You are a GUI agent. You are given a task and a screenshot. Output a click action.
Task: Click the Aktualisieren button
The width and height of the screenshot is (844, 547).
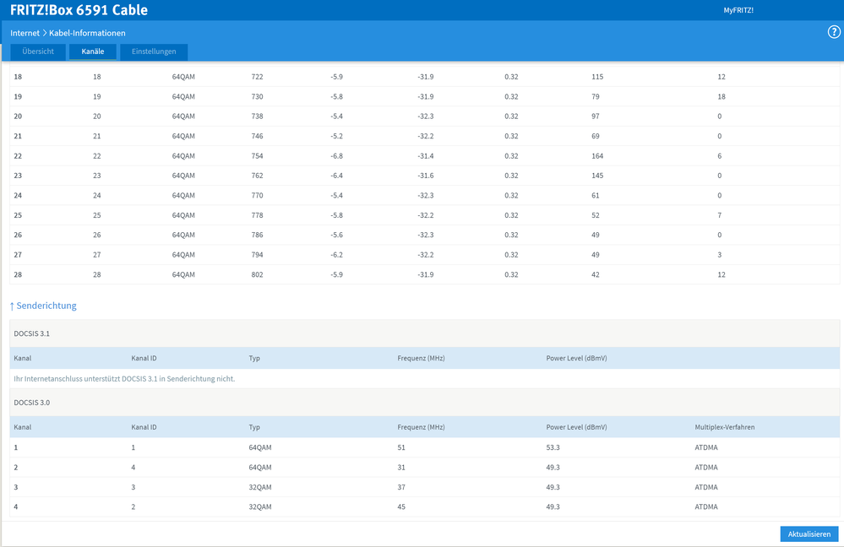coord(809,534)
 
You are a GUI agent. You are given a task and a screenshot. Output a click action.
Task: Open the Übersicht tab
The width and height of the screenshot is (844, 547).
coord(38,51)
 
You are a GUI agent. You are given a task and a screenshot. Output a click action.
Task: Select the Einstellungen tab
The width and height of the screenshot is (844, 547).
coord(154,51)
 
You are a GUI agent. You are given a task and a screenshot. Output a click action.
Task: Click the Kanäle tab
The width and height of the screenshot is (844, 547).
coord(93,51)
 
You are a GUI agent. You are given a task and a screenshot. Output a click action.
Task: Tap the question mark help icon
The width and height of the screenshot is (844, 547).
coord(834,32)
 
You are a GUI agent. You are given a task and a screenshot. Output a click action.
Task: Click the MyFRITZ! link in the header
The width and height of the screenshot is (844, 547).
coord(738,10)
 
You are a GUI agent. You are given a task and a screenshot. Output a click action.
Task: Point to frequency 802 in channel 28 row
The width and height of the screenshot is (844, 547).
coord(257,274)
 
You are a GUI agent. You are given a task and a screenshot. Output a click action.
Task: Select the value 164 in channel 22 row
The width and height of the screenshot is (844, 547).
coord(597,156)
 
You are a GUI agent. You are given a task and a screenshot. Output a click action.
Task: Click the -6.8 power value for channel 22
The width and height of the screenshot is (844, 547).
coord(336,156)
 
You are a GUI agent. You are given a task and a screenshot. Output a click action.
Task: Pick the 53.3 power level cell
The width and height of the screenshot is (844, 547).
coord(553,447)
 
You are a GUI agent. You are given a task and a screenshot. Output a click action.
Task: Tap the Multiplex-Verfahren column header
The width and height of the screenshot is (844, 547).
coord(724,427)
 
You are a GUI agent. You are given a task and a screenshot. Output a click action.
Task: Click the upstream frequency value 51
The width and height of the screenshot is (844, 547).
coord(401,447)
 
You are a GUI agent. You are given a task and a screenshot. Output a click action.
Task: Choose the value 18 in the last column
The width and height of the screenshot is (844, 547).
coord(721,97)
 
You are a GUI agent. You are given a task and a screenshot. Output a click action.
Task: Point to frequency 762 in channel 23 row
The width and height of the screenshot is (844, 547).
coord(257,176)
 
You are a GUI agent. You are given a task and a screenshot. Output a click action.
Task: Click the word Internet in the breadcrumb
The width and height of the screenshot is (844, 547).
coord(25,33)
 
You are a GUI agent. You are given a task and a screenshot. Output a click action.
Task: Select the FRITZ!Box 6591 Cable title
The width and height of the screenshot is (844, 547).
coord(79,10)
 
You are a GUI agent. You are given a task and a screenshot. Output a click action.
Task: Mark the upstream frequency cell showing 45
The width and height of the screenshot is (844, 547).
coord(401,507)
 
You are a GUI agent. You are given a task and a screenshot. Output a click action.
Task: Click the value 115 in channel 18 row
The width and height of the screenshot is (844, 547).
coord(597,77)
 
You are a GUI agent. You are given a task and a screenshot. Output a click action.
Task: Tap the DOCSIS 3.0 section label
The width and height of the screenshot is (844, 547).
coord(31,403)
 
